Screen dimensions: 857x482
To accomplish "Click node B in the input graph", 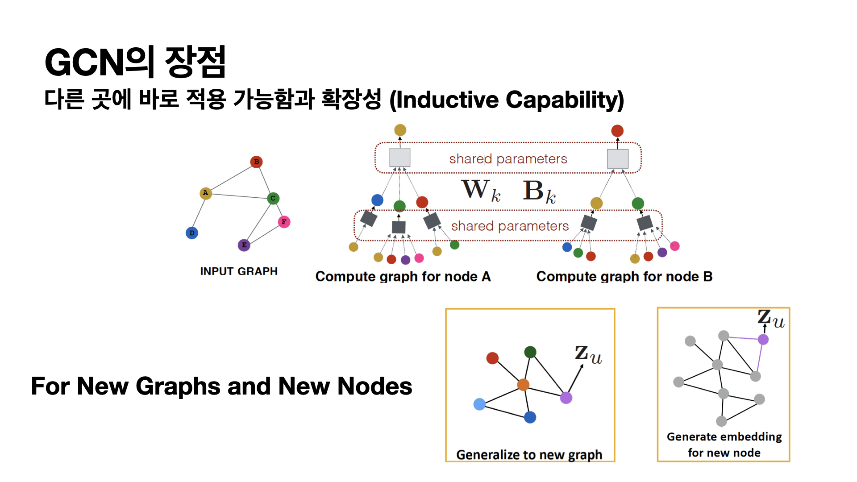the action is [x=256, y=162].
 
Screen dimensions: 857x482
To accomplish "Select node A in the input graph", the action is [x=205, y=193].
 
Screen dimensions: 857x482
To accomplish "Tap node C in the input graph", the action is [x=273, y=198].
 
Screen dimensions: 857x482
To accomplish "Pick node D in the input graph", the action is [x=192, y=233].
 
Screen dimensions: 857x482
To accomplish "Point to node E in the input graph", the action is [x=244, y=245].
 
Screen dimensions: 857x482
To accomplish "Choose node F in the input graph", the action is [x=284, y=222].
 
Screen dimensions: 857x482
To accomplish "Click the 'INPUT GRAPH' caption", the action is [x=239, y=271].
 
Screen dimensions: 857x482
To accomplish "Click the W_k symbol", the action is [x=481, y=190].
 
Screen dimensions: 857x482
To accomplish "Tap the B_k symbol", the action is [x=540, y=191].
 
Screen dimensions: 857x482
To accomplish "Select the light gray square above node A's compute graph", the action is [x=400, y=158].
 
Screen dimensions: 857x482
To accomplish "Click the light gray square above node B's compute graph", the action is [x=618, y=159].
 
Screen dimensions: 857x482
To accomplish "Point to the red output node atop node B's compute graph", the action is [x=617, y=131].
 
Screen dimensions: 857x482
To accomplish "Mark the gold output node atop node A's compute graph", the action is [x=400, y=130].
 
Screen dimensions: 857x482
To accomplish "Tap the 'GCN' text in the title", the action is [x=84, y=62].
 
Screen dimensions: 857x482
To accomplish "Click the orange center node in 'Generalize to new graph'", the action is [x=523, y=385].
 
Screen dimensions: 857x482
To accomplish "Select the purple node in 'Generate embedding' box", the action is [x=763, y=340].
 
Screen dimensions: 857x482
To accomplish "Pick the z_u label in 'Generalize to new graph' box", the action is [x=588, y=354].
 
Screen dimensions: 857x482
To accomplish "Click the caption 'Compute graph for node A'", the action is [x=403, y=277].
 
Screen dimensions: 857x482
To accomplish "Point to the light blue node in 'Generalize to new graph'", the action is [x=479, y=404].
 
